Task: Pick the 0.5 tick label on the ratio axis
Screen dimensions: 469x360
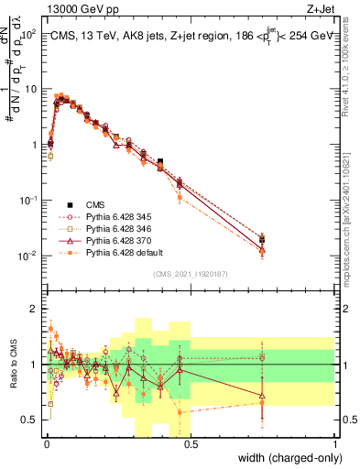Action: point(30,420)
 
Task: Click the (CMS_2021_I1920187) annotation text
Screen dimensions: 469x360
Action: point(191,274)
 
